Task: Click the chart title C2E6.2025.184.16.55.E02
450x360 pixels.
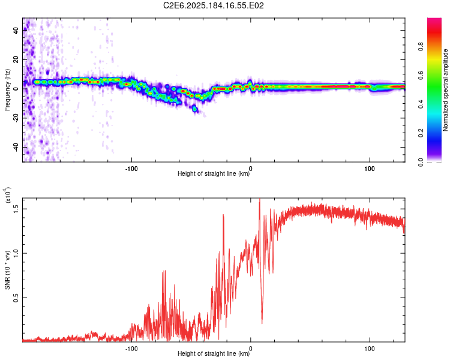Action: [x=213, y=5]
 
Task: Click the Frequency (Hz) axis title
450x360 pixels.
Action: [x=7, y=90]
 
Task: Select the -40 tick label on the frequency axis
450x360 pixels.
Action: [x=16, y=148]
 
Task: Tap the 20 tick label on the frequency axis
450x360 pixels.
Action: [x=16, y=59]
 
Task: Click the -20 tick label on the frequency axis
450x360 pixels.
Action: [x=16, y=118]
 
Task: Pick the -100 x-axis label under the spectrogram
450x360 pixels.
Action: [x=131, y=169]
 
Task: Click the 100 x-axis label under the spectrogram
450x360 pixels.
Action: [x=370, y=169]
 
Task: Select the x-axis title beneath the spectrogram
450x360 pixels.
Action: [x=214, y=173]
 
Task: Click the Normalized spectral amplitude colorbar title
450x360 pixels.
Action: [x=445, y=90]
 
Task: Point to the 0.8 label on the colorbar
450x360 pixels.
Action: [x=421, y=47]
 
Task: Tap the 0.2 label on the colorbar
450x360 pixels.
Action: [x=421, y=133]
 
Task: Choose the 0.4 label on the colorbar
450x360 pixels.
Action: [x=421, y=104]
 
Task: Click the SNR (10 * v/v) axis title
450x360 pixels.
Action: [x=7, y=270]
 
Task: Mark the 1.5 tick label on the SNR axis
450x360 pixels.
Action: [x=16, y=209]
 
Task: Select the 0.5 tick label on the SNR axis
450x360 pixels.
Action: [x=16, y=298]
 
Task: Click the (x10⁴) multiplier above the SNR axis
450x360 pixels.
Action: [x=8, y=195]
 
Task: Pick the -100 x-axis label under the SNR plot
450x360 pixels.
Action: [x=131, y=349]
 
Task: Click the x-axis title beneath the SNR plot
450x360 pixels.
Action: [x=214, y=353]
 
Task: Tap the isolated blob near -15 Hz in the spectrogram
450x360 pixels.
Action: [x=195, y=109]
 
